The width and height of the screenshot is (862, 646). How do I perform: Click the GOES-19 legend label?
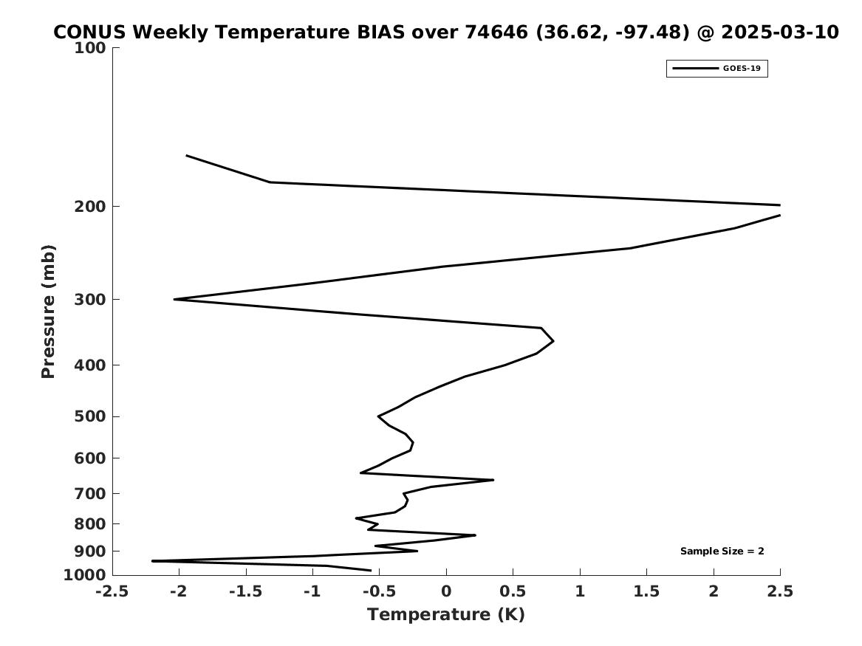[742, 69]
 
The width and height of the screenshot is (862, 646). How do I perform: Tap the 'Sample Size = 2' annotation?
[722, 551]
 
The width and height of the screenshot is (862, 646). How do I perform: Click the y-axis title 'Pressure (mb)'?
[48, 312]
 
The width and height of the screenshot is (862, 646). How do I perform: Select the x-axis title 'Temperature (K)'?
[446, 615]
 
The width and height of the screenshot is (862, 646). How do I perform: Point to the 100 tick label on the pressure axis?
[89, 48]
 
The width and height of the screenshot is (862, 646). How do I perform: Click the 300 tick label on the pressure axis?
[89, 300]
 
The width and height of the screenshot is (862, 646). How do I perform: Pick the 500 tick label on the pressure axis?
[89, 416]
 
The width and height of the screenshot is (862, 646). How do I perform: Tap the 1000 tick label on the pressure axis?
[85, 575]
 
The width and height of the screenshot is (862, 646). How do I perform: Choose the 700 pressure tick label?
[89, 494]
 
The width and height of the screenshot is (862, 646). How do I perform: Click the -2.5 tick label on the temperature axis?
[112, 591]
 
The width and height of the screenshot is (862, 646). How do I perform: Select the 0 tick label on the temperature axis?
[446, 591]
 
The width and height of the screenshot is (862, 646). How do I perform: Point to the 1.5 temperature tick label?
[646, 591]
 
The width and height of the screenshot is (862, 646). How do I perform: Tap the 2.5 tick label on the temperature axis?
[780, 591]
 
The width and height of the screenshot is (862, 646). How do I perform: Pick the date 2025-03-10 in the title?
[780, 32]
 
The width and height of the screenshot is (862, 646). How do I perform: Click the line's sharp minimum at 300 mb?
[175, 300]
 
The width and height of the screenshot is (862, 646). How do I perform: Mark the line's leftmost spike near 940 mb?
[153, 561]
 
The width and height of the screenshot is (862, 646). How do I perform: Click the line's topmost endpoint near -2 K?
[186, 156]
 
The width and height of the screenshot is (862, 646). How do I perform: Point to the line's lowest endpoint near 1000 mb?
[370, 570]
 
